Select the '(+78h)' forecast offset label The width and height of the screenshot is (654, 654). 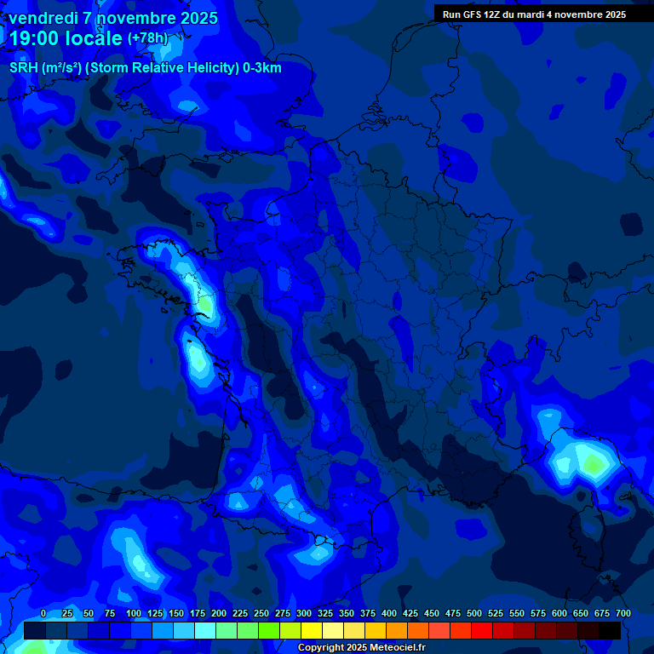(x=147, y=38)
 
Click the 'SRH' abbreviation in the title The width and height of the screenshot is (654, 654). (x=23, y=68)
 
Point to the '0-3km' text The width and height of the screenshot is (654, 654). (x=261, y=68)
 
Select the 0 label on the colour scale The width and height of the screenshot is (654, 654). (x=43, y=614)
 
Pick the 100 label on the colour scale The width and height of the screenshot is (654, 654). (x=133, y=614)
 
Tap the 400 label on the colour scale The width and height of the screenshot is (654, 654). (x=388, y=614)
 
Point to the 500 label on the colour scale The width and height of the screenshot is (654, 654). (x=473, y=614)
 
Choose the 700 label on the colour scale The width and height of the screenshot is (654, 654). (x=622, y=614)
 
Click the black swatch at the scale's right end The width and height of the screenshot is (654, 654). (x=610, y=630)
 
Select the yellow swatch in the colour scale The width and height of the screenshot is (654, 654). (x=312, y=630)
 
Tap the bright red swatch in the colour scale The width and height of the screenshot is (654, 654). (x=482, y=630)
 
